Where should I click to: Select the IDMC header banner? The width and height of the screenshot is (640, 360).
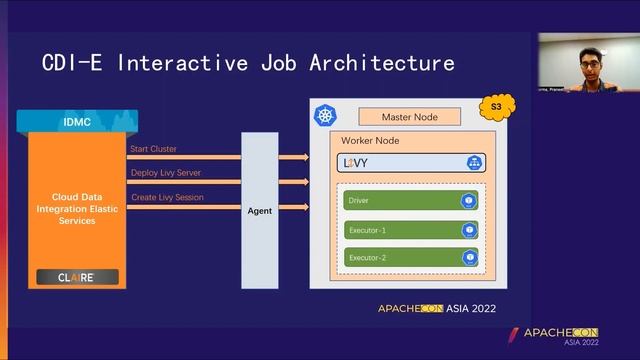click(76, 122)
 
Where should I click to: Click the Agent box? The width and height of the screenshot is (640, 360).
click(260, 210)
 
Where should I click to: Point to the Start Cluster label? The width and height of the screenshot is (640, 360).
click(153, 149)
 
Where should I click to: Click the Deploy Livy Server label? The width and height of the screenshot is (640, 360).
click(166, 173)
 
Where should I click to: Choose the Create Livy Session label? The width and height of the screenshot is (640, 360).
click(167, 197)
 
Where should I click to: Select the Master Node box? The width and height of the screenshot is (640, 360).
click(408, 117)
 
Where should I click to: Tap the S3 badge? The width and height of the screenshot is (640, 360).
click(494, 106)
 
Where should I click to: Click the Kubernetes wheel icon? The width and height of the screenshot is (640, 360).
click(325, 117)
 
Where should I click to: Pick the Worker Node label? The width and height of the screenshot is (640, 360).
click(370, 141)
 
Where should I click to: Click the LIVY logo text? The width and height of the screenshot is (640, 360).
click(356, 162)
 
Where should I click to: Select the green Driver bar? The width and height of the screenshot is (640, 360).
click(411, 201)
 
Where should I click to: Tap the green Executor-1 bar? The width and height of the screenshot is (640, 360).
click(411, 230)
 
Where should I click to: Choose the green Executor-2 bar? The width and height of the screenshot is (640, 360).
click(411, 258)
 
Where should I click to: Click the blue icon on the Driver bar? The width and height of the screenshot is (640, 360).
click(468, 201)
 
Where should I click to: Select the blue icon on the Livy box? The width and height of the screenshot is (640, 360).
click(473, 162)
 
